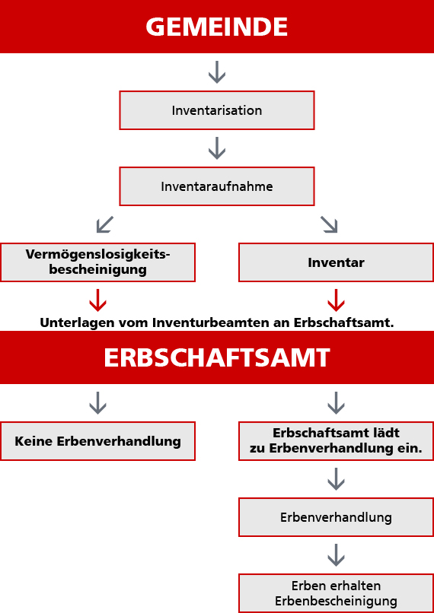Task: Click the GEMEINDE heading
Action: coord(217,27)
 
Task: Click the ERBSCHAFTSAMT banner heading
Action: coord(217,357)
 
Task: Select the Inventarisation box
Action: coord(217,110)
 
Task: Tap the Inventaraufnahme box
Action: coord(217,186)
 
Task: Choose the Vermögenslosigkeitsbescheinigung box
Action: coord(97,262)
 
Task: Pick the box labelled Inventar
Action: coord(337,262)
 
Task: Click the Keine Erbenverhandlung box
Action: coord(97,441)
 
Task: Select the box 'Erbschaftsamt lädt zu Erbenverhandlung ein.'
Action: coord(337,441)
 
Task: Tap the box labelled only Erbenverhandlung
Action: coord(337,517)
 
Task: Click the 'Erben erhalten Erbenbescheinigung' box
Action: coord(337,593)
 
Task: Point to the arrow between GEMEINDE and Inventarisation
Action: coord(217,72)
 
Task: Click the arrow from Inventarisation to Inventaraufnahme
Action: coord(217,148)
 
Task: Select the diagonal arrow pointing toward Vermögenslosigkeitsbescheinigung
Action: coord(104,224)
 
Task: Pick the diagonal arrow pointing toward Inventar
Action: coord(329,224)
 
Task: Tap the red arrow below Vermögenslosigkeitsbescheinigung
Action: coord(97,300)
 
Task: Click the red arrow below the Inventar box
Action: coord(337,300)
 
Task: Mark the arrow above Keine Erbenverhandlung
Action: coord(97,403)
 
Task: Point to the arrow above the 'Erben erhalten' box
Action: coord(337,555)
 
